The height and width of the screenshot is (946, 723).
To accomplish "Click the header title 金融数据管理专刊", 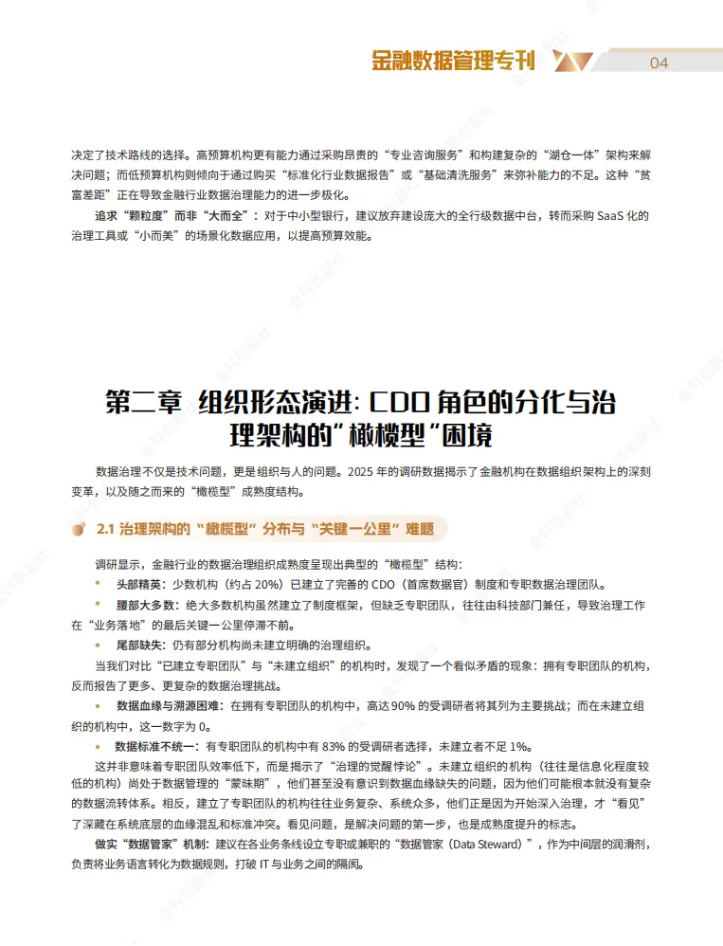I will [453, 62].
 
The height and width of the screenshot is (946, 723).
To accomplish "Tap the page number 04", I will [660, 63].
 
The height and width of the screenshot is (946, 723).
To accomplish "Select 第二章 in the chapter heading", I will [144, 402].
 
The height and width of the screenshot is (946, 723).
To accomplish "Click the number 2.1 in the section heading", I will [106, 529].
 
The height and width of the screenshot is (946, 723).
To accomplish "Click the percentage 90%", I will [397, 707].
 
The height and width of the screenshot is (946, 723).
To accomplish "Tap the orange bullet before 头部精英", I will [99, 583].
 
